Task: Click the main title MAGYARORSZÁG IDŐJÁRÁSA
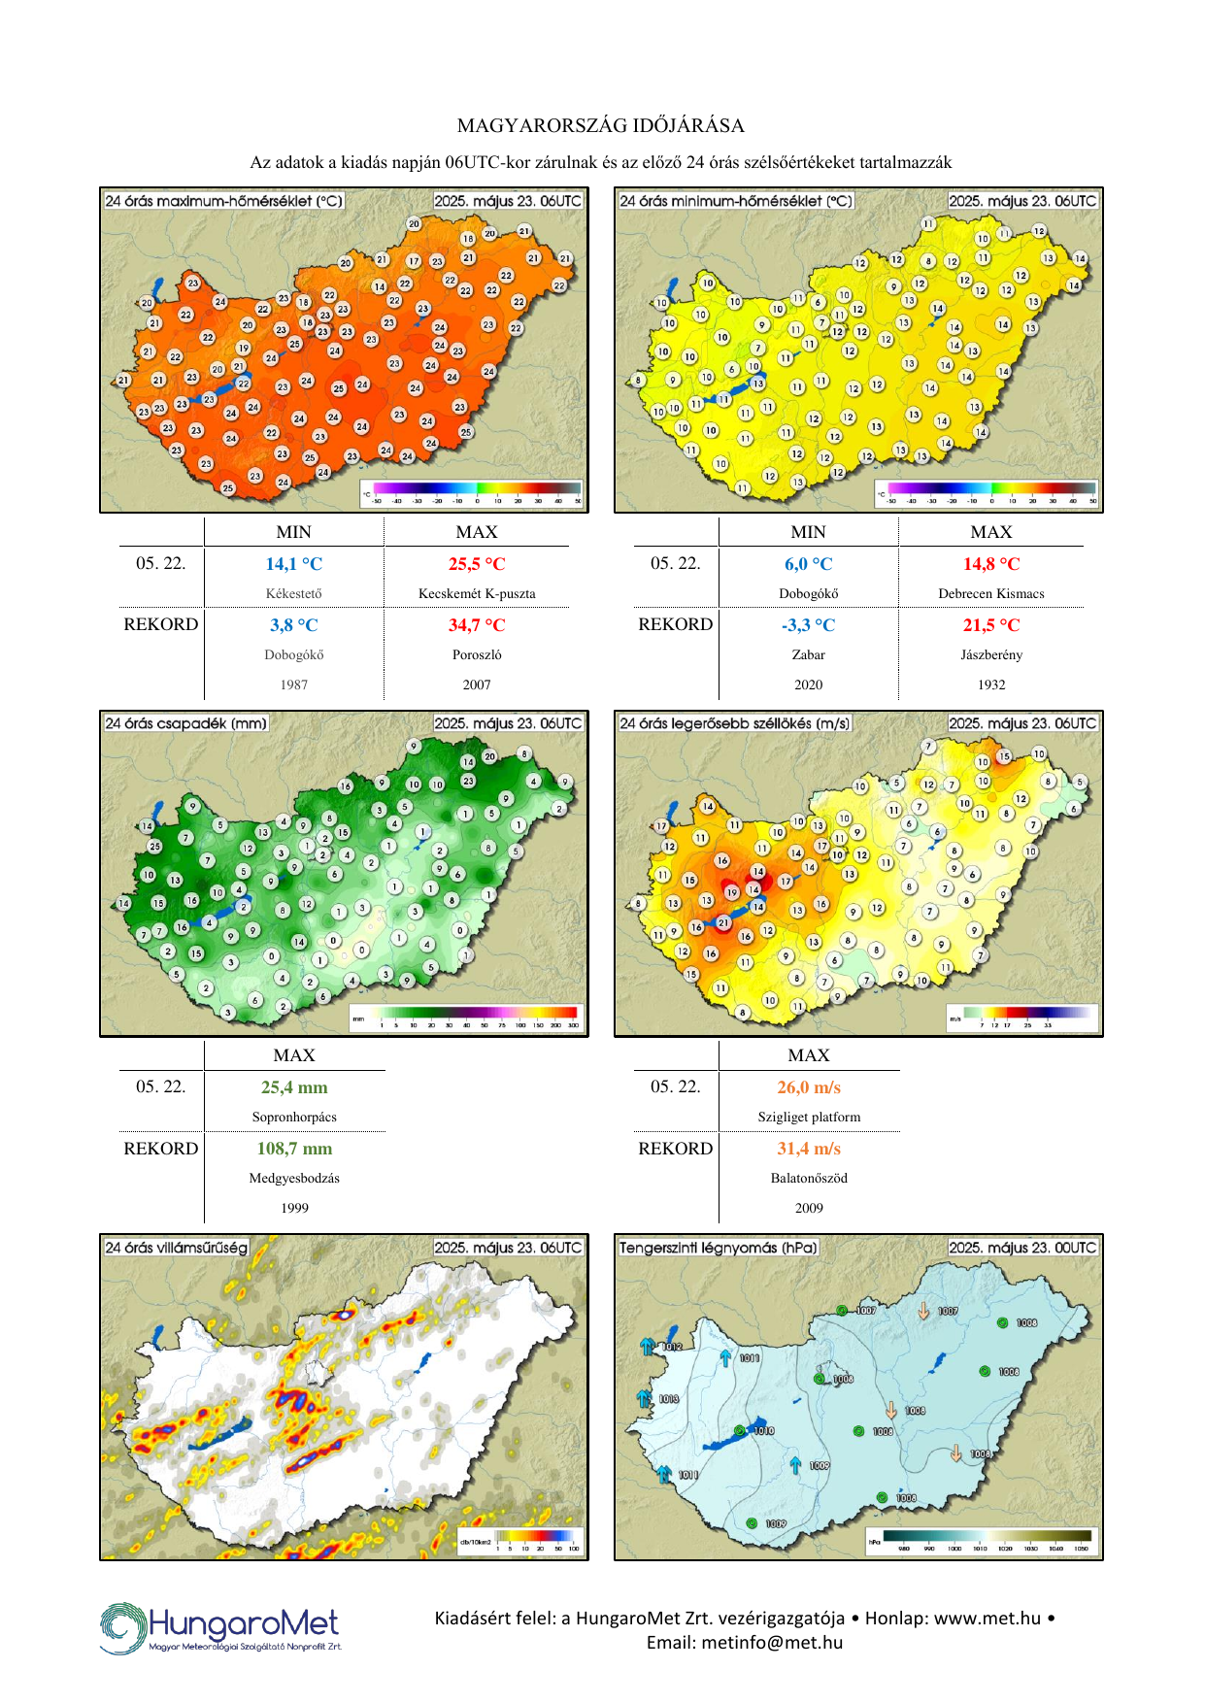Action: [x=601, y=125]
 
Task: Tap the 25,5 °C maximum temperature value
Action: [x=477, y=564]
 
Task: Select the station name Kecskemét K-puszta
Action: [x=477, y=593]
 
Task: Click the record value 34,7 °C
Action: [x=477, y=625]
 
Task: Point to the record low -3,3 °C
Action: [x=808, y=625]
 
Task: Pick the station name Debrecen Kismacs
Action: [x=991, y=593]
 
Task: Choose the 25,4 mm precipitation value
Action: [x=294, y=1087]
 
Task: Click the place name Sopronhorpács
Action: [x=294, y=1117]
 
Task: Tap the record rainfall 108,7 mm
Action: [x=294, y=1149]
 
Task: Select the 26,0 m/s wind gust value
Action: [x=809, y=1087]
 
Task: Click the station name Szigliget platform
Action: [x=809, y=1117]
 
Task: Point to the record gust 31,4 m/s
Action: [x=809, y=1149]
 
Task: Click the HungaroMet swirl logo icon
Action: [x=122, y=1627]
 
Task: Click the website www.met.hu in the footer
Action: [x=987, y=1618]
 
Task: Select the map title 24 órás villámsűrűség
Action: [x=177, y=1248]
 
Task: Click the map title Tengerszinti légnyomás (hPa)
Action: [x=719, y=1248]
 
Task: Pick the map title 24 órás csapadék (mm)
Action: [x=185, y=723]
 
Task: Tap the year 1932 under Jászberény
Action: [x=991, y=685]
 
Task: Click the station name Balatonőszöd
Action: [x=809, y=1178]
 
